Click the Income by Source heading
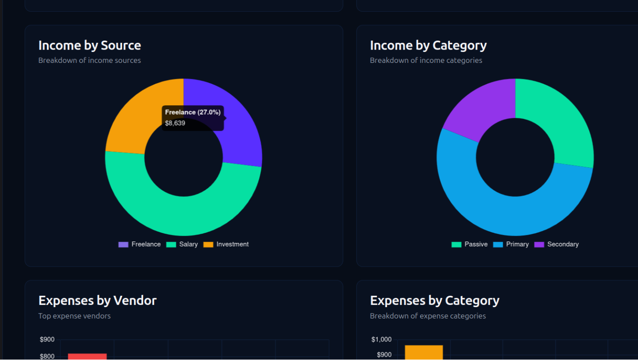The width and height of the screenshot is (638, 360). coord(89,46)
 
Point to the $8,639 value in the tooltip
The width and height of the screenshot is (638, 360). coord(175,123)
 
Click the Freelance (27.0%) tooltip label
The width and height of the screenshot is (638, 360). coord(192,112)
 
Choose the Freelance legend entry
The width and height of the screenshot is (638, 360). coord(139,244)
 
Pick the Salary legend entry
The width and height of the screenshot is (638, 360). coord(182,244)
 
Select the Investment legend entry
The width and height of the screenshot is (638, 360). coord(226,244)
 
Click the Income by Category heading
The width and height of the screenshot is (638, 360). coord(428,46)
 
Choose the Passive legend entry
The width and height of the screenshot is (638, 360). coord(470,244)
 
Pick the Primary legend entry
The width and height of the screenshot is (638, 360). coord(511,244)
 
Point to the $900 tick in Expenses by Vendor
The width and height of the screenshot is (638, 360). coord(47,339)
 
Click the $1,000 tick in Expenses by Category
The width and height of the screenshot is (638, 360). coord(381,339)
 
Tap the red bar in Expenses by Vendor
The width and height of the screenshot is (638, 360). coord(87,356)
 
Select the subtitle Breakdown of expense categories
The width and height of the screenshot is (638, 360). coord(427,316)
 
